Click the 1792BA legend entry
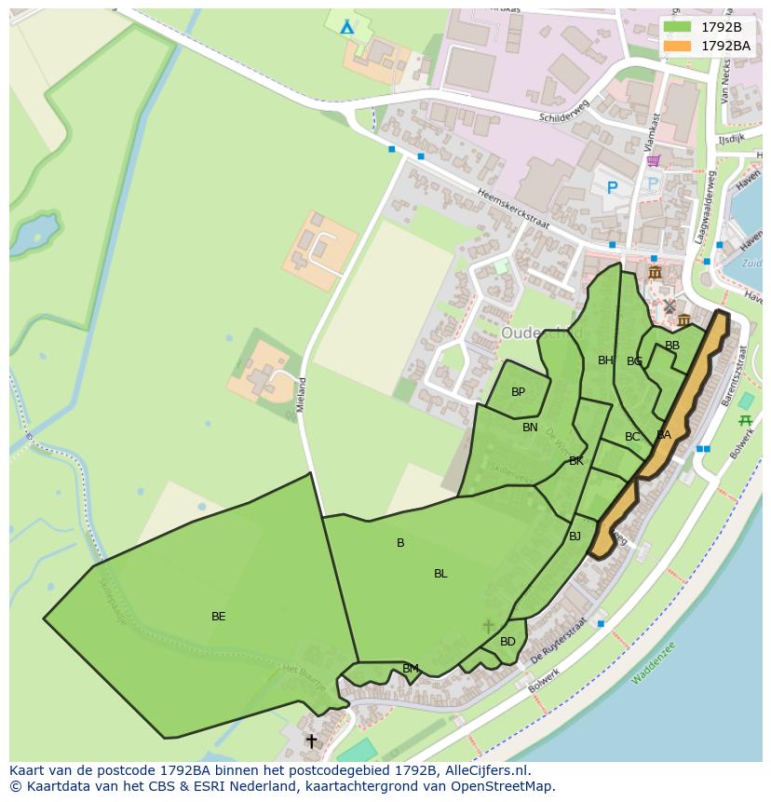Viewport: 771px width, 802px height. click(709, 46)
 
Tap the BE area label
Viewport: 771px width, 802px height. click(218, 617)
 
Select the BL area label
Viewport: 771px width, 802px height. click(440, 574)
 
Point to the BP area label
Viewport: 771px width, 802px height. click(518, 392)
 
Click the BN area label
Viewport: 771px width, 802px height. click(530, 428)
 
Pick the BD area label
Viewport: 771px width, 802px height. click(507, 642)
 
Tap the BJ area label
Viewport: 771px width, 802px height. click(575, 537)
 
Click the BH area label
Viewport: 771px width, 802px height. click(605, 360)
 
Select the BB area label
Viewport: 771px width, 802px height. click(671, 346)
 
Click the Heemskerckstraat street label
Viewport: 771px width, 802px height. click(512, 209)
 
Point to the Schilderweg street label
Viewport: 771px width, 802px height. click(564, 113)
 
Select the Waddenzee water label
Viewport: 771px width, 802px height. click(653, 662)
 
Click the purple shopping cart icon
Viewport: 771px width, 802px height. click(654, 160)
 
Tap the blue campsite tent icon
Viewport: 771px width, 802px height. click(346, 26)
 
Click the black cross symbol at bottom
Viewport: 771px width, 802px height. click(311, 741)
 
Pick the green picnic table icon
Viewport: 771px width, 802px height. click(744, 421)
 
